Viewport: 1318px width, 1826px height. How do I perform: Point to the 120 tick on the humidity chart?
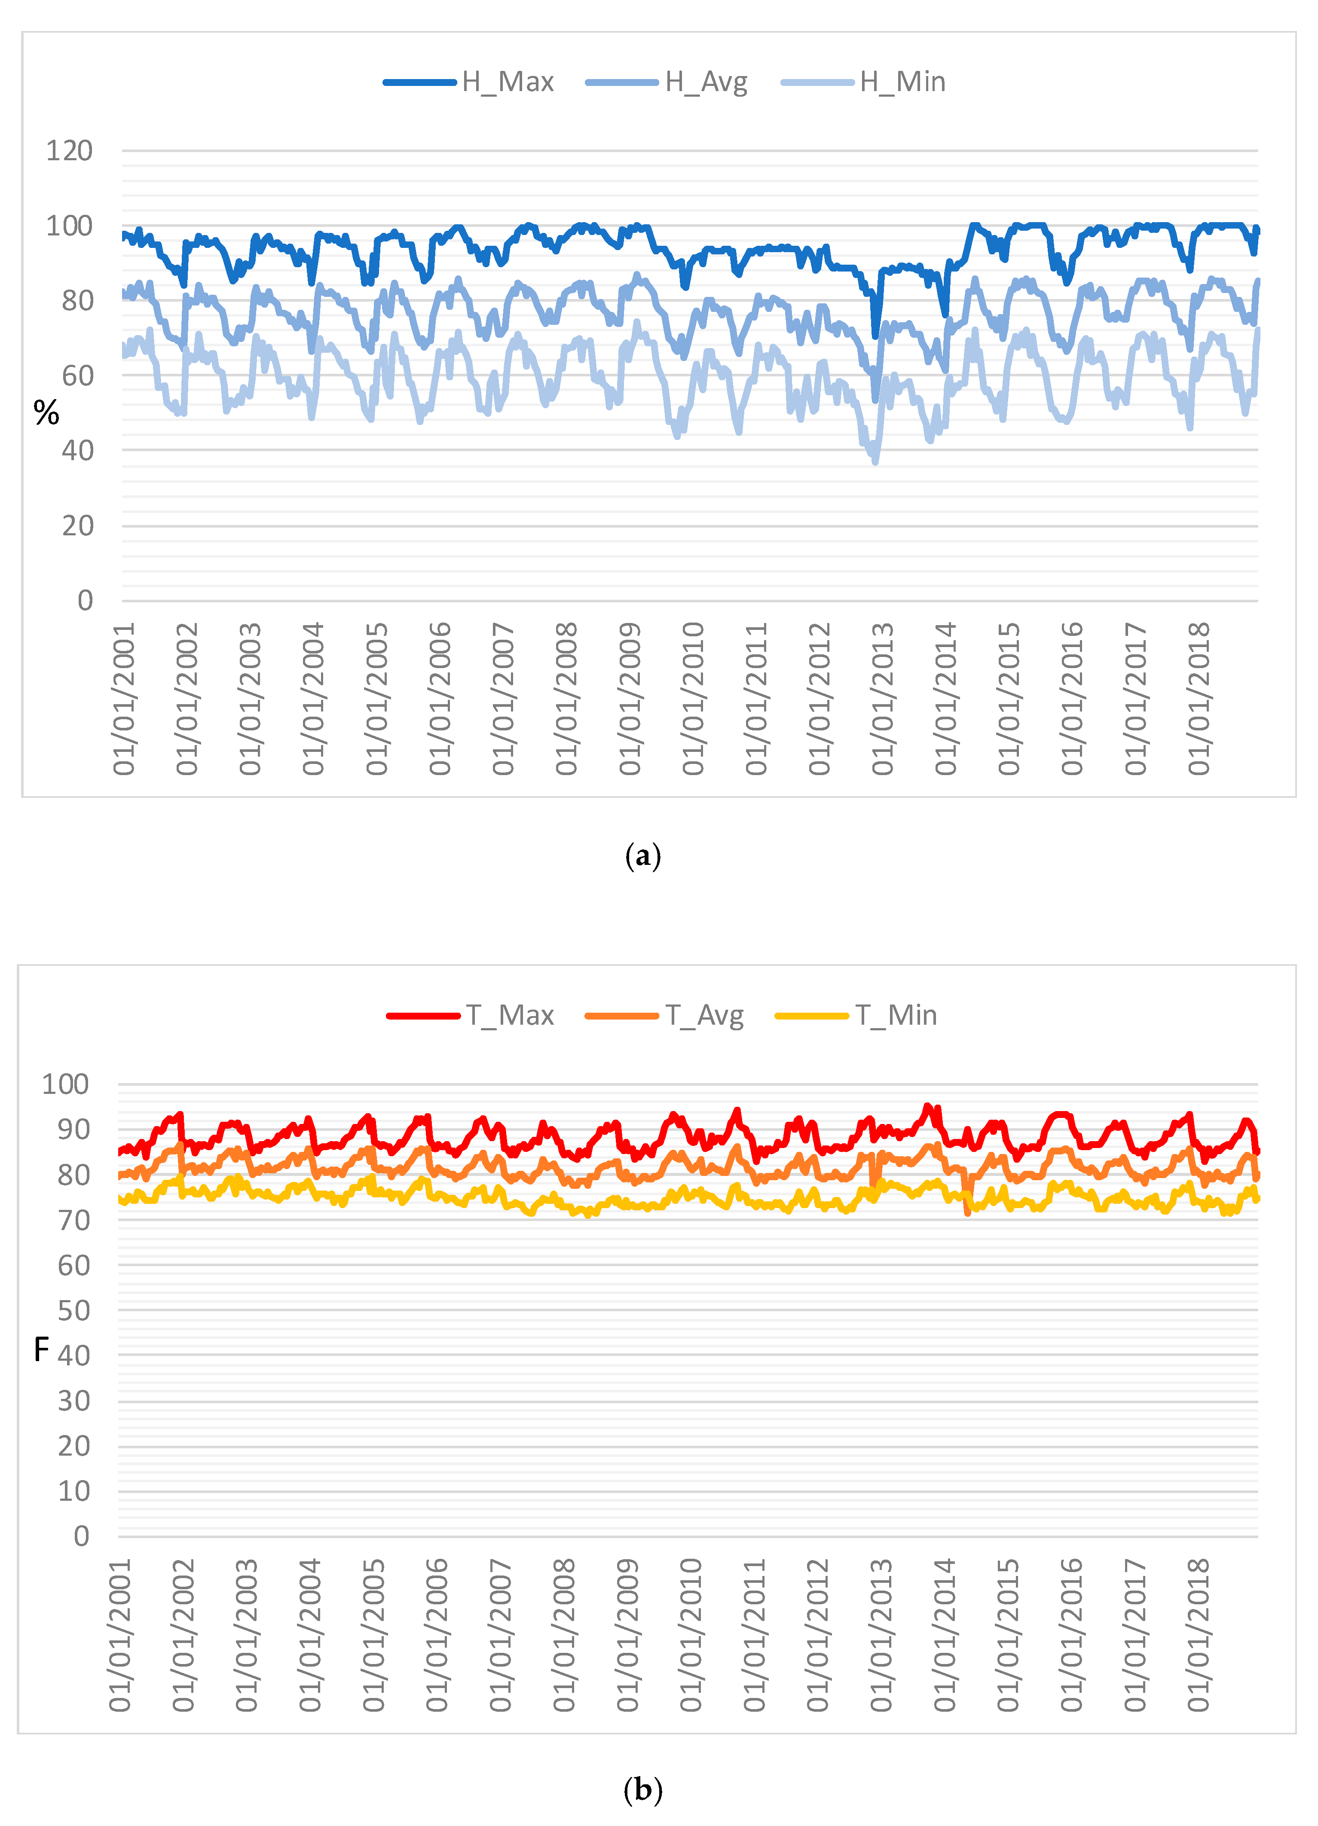point(69,150)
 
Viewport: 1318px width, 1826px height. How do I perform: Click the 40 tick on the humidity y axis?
point(77,451)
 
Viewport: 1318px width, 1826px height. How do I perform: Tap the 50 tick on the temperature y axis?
point(73,1310)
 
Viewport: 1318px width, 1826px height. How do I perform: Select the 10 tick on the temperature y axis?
point(73,1491)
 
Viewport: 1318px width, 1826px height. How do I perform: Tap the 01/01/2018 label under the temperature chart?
point(1198,1634)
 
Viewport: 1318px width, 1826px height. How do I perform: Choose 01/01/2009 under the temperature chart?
point(628,1634)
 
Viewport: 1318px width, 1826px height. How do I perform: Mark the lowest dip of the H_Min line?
point(875,461)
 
